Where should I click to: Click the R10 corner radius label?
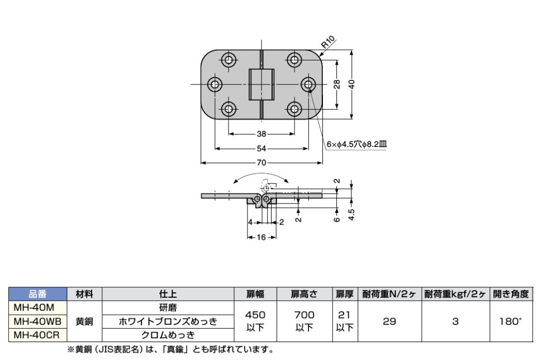coord(328,42)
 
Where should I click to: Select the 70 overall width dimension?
coord(262,163)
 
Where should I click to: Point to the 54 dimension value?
coord(262,148)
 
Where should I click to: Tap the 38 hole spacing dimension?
coord(262,134)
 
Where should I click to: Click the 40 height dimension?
coord(351,84)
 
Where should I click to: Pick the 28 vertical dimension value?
coord(337,84)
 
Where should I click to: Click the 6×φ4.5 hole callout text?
coord(356,144)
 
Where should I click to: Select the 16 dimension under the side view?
coord(262,237)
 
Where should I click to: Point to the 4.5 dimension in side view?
coord(351,215)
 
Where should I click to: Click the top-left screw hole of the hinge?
coord(228,60)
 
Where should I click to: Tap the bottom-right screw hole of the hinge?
coord(294,109)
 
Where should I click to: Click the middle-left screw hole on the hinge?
coord(215,84)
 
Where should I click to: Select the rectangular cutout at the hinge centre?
coord(262,84)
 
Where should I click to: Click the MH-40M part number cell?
coord(34,307)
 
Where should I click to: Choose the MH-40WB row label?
coord(37,321)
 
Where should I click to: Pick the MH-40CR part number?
coord(36,335)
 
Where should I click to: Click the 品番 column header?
coord(37,294)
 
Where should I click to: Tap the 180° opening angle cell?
coord(511,321)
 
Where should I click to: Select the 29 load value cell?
coord(389,321)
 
